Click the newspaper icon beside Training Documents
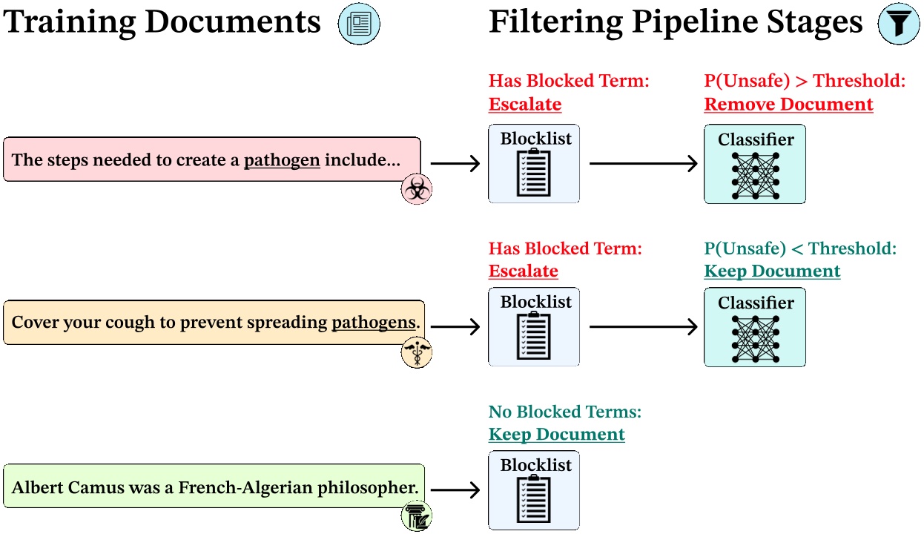click(359, 24)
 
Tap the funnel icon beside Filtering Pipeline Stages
click(898, 24)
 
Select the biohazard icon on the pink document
click(416, 190)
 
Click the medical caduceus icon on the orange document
click(416, 353)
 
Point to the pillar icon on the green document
click(416, 516)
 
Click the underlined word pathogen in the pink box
click(282, 159)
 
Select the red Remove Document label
click(788, 105)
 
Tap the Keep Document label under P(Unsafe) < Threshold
click(772, 271)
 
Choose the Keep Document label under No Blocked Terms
click(556, 435)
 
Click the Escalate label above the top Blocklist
click(524, 105)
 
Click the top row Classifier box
click(754, 164)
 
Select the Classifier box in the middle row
click(754, 327)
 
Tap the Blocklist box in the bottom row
click(533, 490)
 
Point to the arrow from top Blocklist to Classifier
click(643, 164)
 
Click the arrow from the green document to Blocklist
click(455, 490)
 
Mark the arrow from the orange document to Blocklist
click(455, 327)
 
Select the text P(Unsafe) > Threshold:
click(805, 81)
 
